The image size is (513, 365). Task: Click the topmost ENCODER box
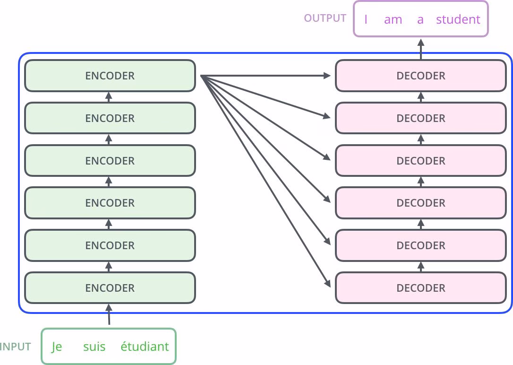coord(110,76)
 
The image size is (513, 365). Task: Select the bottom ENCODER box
coord(110,287)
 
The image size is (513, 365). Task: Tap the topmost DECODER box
coord(420,76)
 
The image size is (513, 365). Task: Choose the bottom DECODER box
coord(420,287)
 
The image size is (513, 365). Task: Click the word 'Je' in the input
coord(57,347)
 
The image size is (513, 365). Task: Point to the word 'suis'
coord(94,347)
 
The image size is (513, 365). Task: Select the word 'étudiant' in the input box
coord(145,347)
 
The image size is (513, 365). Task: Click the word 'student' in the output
coord(458,19)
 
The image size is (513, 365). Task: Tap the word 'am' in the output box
coord(393,19)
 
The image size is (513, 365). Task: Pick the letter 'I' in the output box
coord(366,19)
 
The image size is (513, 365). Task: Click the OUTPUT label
coord(325,18)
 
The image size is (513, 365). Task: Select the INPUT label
coord(16,347)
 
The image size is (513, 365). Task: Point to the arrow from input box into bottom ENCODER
coord(109,314)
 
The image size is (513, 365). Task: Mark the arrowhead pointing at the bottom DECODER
coord(327,284)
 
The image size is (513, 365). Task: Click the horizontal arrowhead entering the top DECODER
coord(327,76)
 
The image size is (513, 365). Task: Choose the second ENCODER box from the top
coord(110,118)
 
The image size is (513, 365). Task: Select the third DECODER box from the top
coord(420,161)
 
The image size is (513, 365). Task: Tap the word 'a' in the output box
coord(420,19)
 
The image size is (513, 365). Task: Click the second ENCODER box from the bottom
coord(110,245)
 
